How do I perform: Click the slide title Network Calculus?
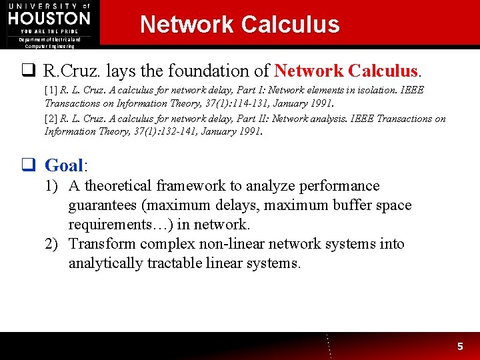pyautogui.click(x=239, y=25)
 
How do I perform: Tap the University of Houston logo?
pyautogui.click(x=49, y=18)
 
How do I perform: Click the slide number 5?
pyautogui.click(x=459, y=346)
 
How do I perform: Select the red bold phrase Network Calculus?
pyautogui.click(x=346, y=70)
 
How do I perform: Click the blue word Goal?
pyautogui.click(x=65, y=165)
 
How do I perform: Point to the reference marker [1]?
pyautogui.click(x=51, y=90)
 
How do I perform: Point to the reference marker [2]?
pyautogui.click(x=51, y=119)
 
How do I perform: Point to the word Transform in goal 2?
pyautogui.click(x=99, y=244)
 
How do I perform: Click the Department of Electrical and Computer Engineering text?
pyautogui.click(x=50, y=43)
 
